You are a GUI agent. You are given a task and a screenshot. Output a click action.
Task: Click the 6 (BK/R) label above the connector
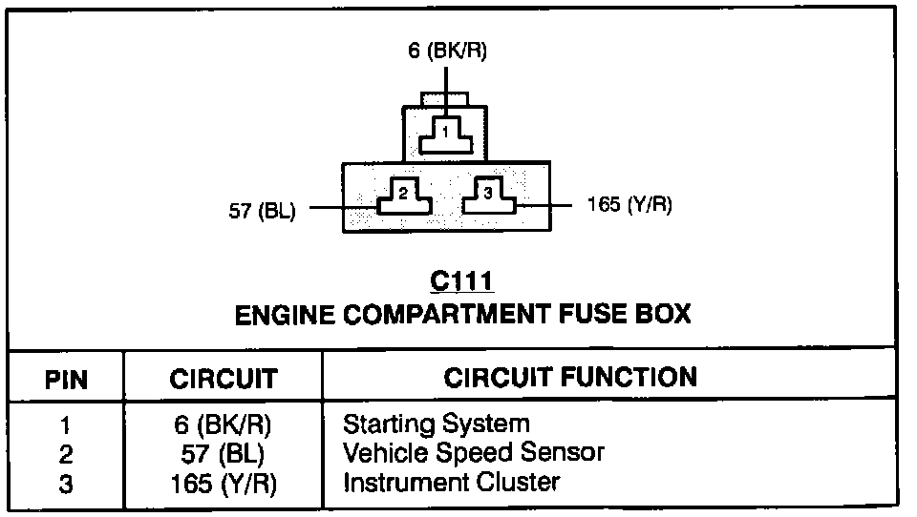pos(447,52)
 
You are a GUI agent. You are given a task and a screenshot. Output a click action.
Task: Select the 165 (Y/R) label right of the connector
pos(621,205)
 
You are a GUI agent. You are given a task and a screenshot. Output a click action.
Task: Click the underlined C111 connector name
pos(461,281)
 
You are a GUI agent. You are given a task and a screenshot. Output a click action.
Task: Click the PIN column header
pos(67,380)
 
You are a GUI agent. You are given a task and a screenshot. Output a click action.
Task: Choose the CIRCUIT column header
pos(223,380)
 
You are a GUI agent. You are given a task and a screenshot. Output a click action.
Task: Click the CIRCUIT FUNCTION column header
pos(570,377)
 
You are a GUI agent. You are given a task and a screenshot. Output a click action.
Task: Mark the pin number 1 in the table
pos(66,425)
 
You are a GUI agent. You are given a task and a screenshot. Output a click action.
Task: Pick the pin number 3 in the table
pos(66,485)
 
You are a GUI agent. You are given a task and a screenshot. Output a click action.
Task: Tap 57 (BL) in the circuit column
pos(223,454)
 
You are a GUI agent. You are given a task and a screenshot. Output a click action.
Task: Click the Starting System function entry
pos(436,423)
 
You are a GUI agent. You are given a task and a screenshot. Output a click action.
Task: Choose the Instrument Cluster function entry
pos(451,482)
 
